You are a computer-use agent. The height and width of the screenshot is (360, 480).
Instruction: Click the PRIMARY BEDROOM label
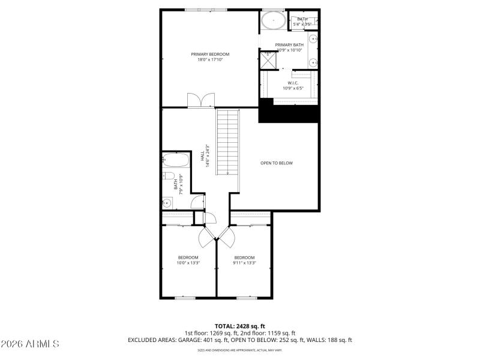pos(210,54)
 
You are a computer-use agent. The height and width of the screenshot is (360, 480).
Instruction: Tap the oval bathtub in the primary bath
pos(273,20)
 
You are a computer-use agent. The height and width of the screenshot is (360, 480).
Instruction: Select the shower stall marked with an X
pos(267,61)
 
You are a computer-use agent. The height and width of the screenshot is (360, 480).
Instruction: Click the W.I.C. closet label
pos(293,83)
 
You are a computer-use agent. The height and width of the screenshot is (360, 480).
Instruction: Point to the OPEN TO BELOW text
pos(276,163)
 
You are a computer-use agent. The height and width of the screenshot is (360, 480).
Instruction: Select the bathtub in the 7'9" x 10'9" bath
pos(173,161)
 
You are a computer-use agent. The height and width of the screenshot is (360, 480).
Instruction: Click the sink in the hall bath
pos(167,203)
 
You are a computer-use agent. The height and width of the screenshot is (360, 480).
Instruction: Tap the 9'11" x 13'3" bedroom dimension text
pos(244,262)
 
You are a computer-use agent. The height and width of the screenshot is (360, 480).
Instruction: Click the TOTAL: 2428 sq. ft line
pos(239,326)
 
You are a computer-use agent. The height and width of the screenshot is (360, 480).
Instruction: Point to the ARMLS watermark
pos(30,344)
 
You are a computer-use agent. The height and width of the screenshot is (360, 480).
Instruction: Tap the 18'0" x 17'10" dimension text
pos(210,59)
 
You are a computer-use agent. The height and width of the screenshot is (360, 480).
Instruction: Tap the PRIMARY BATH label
pos(289,44)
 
